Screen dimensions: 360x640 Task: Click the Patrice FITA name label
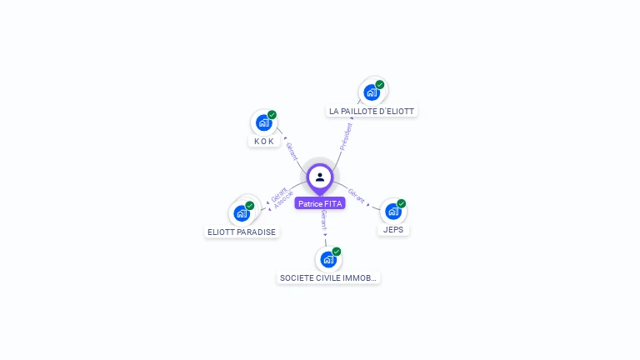320,203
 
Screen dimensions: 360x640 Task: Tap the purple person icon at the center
320,177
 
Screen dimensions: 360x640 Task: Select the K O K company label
264,141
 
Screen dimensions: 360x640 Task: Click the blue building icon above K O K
263,123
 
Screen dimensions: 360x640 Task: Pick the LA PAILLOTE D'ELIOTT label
372,111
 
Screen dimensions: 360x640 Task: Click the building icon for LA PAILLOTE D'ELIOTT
372,92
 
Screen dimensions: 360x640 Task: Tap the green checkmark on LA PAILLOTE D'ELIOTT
380,84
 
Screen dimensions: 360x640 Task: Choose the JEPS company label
394,229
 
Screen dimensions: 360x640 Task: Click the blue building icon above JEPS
392,212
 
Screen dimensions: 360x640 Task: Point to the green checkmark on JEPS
401,203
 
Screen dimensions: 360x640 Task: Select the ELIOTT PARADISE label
242,232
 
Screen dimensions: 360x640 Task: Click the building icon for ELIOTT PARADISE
241,213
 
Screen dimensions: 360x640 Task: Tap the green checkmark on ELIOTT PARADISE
249,205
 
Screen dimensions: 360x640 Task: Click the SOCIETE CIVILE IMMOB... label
328,277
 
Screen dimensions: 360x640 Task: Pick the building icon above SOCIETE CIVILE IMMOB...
328,259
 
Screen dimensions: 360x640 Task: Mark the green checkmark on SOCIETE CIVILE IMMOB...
337,251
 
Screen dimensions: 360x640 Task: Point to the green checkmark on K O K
272,115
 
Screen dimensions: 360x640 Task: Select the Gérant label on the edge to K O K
292,151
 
